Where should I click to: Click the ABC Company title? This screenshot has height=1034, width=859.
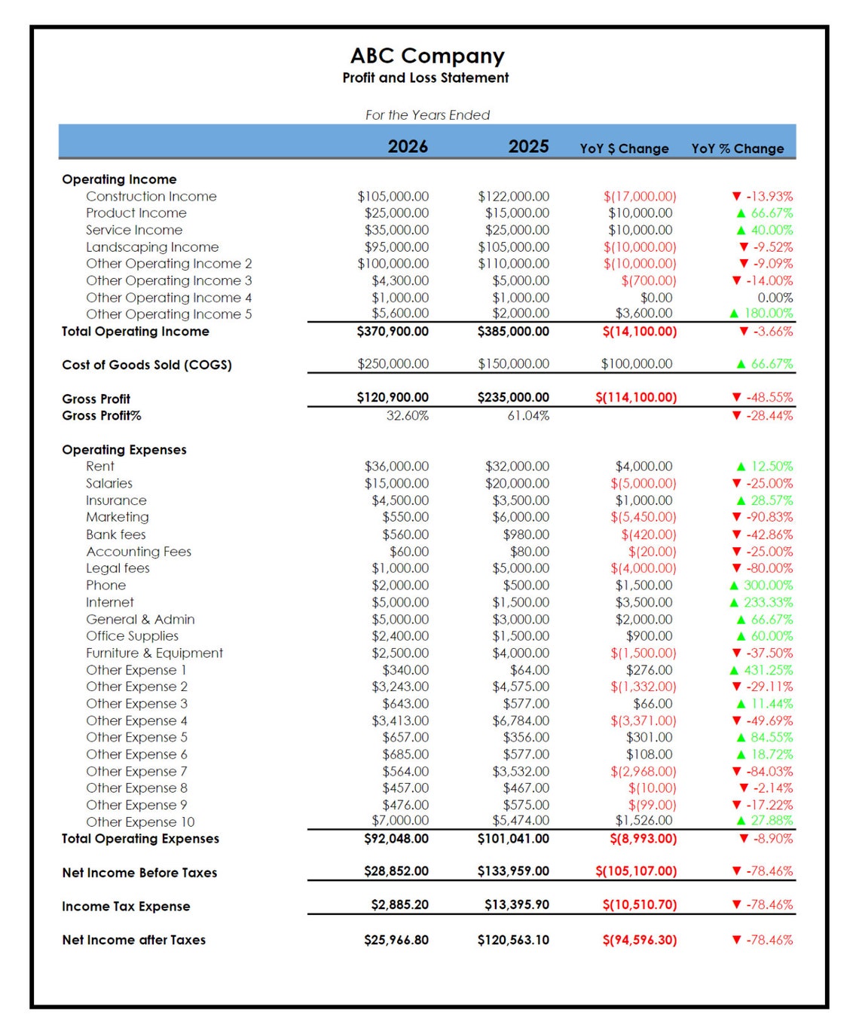(427, 56)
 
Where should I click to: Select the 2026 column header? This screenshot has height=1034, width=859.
(408, 146)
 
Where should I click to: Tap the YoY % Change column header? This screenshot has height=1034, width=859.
(738, 148)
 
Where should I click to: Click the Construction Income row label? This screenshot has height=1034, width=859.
(151, 197)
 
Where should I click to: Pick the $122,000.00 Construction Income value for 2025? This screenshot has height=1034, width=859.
(513, 197)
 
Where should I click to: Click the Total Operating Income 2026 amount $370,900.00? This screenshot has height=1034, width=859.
(393, 332)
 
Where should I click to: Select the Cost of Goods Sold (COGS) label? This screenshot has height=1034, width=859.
(147, 365)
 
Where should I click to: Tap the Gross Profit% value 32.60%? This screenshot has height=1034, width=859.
(407, 416)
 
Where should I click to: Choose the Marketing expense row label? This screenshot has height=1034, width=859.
(118, 517)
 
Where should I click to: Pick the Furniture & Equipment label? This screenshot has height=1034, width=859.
(154, 653)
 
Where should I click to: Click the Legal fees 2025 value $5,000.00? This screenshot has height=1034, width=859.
(521, 568)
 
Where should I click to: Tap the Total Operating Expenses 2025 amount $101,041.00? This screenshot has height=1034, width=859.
(513, 839)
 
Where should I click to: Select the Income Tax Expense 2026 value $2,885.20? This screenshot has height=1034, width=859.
(399, 905)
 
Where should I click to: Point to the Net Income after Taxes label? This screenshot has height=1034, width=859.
(134, 940)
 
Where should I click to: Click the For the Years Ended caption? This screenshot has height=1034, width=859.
(427, 115)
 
